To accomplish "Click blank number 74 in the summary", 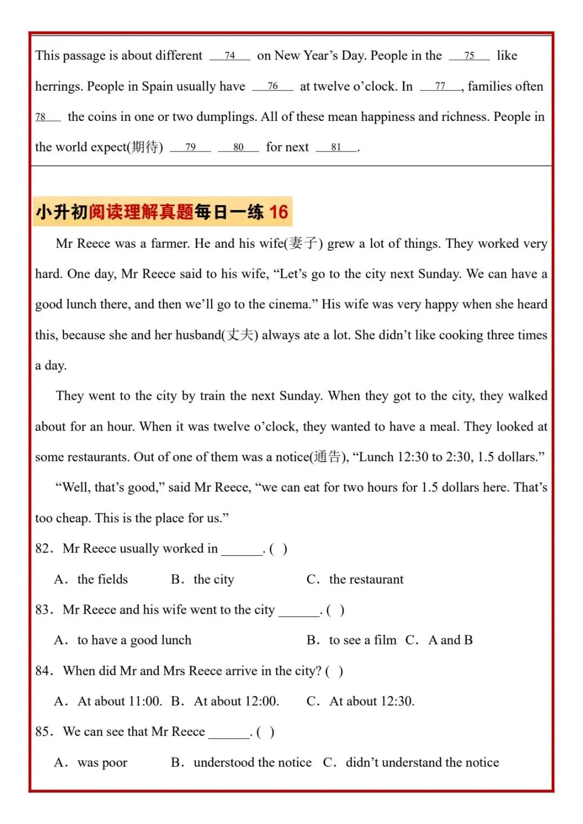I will [x=230, y=56].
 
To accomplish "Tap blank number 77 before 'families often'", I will [x=440, y=86].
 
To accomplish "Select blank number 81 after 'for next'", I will [x=336, y=147].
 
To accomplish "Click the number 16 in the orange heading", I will [x=279, y=212].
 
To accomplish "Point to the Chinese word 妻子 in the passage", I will [x=303, y=243].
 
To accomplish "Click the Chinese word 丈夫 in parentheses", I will [x=240, y=335].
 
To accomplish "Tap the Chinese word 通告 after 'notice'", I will [x=328, y=457].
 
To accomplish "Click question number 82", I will [x=43, y=549].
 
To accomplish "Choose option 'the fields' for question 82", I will [x=103, y=580].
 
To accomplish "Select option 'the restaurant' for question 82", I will [x=366, y=580].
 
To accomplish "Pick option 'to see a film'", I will [x=362, y=640].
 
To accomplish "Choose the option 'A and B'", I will [x=450, y=640].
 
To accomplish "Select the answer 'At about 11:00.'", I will [x=120, y=702].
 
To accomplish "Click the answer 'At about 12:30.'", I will [x=372, y=702].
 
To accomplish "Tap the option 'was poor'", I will [x=103, y=762].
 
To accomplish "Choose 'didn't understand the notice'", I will [x=422, y=762].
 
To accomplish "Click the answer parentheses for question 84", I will [x=334, y=671].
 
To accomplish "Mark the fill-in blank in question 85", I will [x=229, y=733].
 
